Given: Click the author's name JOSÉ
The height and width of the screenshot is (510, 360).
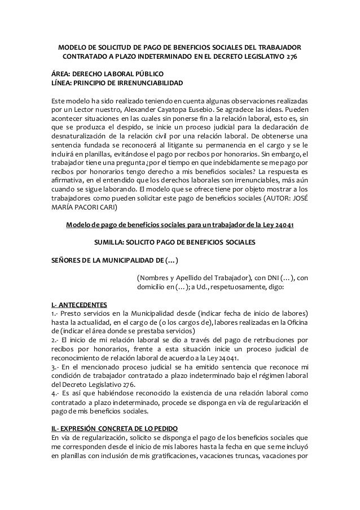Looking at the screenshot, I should (298, 198).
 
